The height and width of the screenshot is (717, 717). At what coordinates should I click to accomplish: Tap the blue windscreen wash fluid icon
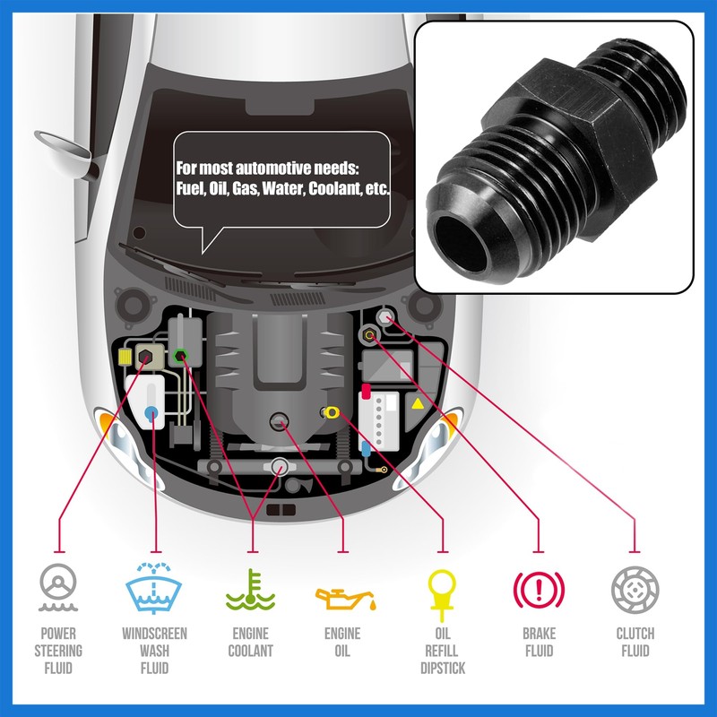[x=155, y=588]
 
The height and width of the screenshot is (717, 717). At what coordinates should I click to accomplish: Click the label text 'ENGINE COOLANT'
[x=250, y=642]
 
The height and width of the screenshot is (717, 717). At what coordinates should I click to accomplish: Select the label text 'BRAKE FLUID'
[x=538, y=642]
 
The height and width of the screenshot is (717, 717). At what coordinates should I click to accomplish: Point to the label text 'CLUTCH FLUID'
[x=635, y=642]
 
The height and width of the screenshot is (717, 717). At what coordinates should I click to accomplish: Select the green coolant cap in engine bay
[x=180, y=356]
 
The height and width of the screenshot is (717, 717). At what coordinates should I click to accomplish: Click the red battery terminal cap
[x=366, y=392]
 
